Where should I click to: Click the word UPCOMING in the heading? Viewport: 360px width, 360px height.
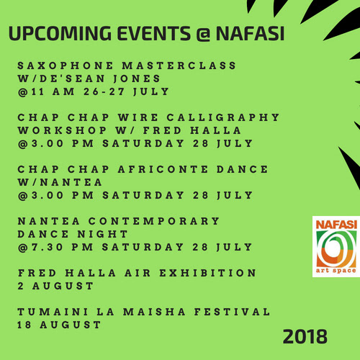pos(60,33)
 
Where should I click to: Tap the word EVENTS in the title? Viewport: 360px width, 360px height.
pos(154,33)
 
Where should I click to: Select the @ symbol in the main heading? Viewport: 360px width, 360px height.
pos(203,34)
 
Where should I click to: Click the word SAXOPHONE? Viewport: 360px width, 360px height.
pos(66,66)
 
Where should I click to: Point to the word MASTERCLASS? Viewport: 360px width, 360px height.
pos(179,66)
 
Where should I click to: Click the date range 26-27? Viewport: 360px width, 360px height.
pos(104,91)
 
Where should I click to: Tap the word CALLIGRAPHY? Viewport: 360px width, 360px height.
pos(223,117)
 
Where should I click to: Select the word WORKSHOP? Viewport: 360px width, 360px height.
pos(62,130)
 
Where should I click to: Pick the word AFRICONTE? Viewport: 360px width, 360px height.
pos(163,169)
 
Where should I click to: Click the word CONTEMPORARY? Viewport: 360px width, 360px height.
pos(154,221)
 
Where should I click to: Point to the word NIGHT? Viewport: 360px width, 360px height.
pos(102,234)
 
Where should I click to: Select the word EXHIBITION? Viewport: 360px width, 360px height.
pos(208,273)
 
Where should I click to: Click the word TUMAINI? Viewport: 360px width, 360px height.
pos(53,312)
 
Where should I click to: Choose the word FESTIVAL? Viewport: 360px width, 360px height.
pos(232,312)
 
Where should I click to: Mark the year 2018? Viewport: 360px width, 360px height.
pos(305,336)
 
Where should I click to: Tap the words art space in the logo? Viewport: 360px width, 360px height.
pos(336,271)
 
